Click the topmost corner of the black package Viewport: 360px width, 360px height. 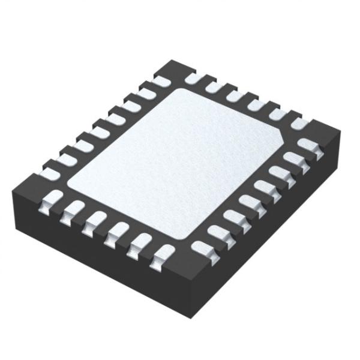(173, 61)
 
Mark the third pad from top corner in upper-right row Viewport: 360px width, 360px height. (234, 95)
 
